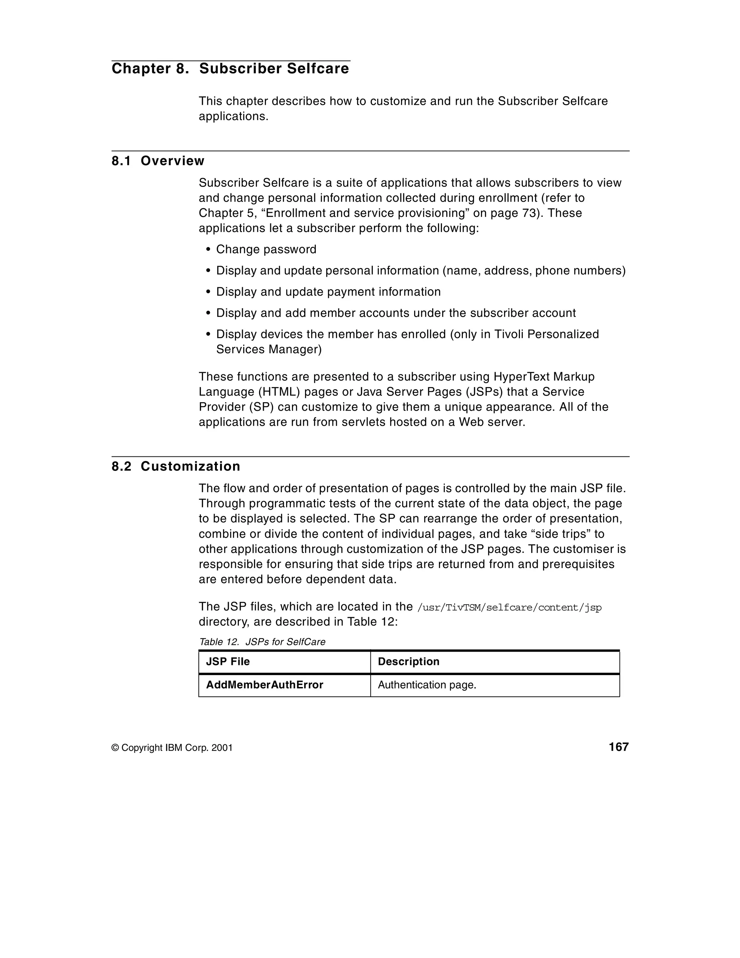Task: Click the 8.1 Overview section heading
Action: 158,161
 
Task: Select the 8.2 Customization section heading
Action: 176,466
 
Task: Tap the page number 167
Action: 619,747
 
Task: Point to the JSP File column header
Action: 228,661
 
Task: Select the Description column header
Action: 408,661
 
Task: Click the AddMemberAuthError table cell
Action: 264,685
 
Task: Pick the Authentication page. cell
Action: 427,685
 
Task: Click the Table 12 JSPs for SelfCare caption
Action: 262,642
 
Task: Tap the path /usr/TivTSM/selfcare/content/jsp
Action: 509,607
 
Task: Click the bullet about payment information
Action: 328,292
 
